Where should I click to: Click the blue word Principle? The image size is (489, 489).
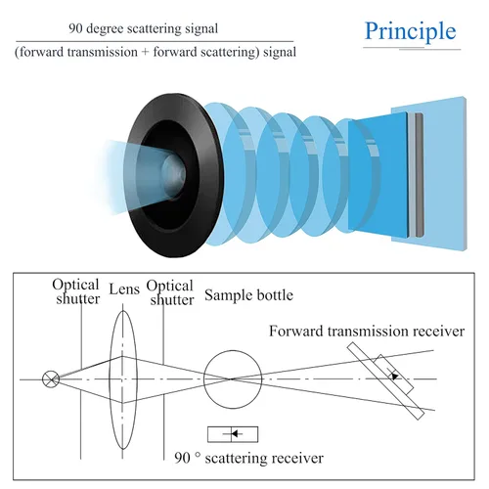click(x=410, y=31)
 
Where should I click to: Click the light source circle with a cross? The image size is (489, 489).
click(x=51, y=379)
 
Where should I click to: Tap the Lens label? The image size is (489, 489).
click(x=124, y=289)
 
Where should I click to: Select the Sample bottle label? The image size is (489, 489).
click(x=248, y=295)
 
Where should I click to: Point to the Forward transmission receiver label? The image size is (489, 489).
click(x=367, y=332)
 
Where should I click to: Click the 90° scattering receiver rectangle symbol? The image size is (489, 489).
click(x=233, y=434)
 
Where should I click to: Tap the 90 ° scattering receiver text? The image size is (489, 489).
click(x=249, y=458)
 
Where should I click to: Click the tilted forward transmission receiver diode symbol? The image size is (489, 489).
click(x=394, y=375)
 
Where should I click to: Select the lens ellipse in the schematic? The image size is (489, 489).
click(x=110, y=379)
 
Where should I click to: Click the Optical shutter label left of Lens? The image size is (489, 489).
click(x=76, y=291)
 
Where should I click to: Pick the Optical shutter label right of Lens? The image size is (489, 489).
click(x=170, y=292)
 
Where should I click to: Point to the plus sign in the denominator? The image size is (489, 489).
click(x=146, y=52)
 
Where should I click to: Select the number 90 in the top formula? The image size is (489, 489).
click(x=75, y=28)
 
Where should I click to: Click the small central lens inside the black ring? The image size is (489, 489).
click(x=173, y=176)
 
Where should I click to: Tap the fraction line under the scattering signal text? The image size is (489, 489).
click(x=155, y=42)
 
